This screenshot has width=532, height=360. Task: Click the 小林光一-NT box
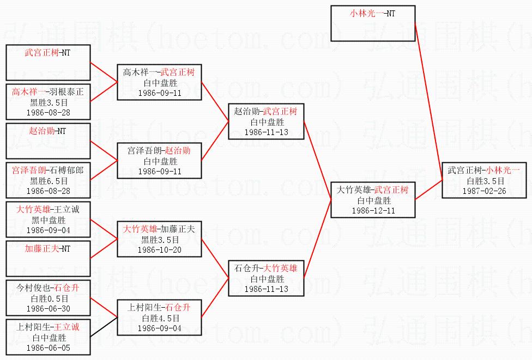coord(373,23)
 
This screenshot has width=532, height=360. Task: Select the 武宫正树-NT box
coord(48,63)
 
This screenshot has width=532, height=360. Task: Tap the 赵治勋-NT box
coord(48,141)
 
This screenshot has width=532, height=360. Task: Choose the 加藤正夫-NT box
coord(48,259)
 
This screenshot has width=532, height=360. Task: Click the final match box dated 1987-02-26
coord(484,180)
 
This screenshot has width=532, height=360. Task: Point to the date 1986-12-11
coord(373,210)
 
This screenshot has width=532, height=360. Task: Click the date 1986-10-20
coord(159,249)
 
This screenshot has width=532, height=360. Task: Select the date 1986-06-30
coord(48,308)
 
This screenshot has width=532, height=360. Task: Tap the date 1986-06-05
coord(48,347)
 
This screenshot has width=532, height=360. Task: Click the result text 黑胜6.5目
coord(48,180)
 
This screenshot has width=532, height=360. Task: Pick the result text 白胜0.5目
coord(48,298)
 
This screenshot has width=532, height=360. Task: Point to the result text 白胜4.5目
coord(159,318)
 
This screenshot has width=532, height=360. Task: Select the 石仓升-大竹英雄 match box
coord(265,278)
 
